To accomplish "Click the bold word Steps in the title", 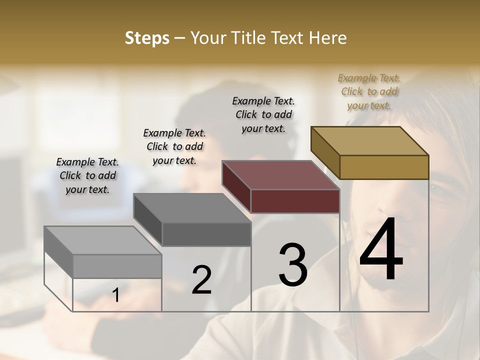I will [x=147, y=38].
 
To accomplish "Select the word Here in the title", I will [x=328, y=38].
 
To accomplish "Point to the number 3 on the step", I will [x=293, y=265].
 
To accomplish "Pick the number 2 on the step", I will [x=201, y=280].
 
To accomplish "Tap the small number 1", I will [x=115, y=295].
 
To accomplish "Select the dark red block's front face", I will [x=295, y=201].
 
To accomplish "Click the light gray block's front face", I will [x=117, y=266].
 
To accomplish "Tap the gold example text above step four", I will [x=369, y=91].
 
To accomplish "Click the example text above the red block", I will [x=263, y=114].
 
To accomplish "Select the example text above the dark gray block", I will [x=174, y=146].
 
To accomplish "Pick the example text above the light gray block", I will [x=87, y=175].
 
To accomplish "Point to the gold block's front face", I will [x=384, y=167].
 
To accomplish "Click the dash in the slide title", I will [x=180, y=38].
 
